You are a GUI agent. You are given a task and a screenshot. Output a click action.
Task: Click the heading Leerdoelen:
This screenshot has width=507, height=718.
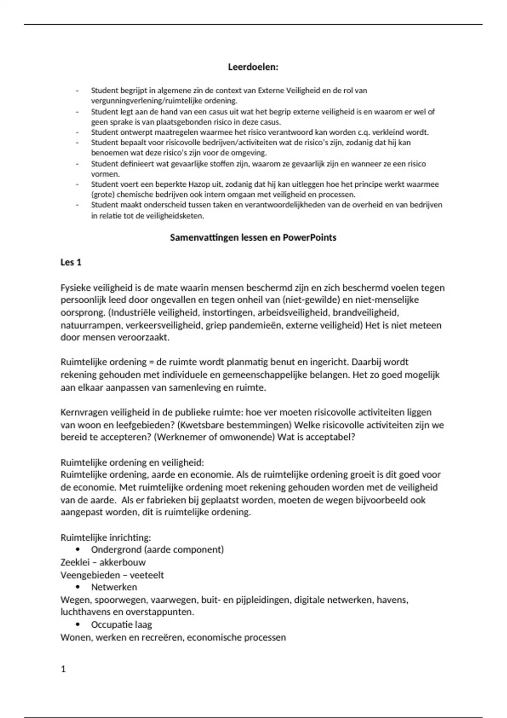(x=253, y=67)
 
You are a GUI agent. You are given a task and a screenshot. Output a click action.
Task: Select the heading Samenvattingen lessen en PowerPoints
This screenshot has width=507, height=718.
(x=253, y=238)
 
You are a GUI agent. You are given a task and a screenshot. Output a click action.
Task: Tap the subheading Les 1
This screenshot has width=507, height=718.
(x=71, y=262)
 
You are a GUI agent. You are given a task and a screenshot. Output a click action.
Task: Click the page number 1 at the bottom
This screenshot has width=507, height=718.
(x=63, y=669)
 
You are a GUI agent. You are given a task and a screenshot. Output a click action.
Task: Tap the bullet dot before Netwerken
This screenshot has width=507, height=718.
(x=77, y=587)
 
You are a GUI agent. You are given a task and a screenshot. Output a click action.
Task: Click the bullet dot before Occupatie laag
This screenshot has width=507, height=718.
(x=77, y=625)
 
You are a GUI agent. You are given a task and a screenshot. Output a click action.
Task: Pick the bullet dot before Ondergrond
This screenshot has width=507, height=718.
(x=77, y=549)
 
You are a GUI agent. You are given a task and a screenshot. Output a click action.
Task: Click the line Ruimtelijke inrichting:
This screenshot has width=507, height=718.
(x=106, y=538)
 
